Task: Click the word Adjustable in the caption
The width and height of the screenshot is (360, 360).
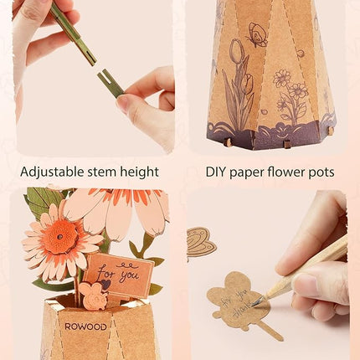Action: pos(51,172)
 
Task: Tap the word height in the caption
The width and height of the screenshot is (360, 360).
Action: pos(138,172)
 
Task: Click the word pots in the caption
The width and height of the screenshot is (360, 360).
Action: pos(318,172)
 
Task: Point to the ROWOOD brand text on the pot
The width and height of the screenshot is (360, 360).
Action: pos(85,326)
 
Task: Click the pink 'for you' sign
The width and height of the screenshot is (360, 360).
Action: pos(118,274)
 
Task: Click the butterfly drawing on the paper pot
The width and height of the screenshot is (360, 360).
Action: pos(257,34)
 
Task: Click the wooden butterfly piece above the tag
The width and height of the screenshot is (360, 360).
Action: pos(201,241)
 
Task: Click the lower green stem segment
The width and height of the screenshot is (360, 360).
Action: pos(110,81)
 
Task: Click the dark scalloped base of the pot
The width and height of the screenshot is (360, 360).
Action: pos(268,134)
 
